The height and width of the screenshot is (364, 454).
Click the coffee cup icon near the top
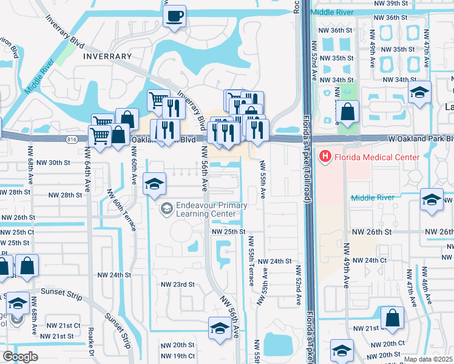tap(175, 16)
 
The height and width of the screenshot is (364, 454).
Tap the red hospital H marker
tap(325, 158)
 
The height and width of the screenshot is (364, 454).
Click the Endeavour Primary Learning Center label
tap(212, 209)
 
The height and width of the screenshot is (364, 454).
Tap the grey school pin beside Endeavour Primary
tap(165, 209)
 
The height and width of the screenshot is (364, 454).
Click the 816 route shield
tap(73, 140)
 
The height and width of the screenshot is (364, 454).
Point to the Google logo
tap(20, 357)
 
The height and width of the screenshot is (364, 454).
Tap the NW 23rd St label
tap(177, 284)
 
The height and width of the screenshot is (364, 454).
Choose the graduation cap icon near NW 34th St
tap(419, 93)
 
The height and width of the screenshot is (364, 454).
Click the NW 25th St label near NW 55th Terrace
tap(228, 232)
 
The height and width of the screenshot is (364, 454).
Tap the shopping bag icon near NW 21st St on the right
tap(393, 318)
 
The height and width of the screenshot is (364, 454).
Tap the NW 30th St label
tap(59, 163)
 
